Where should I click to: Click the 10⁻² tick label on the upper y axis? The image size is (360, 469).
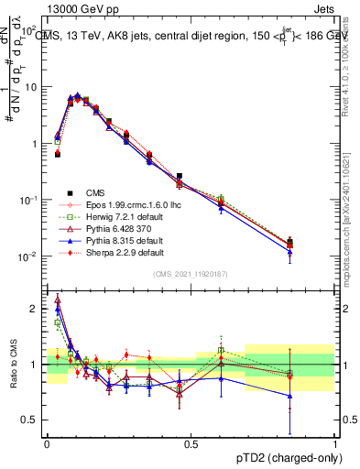click(27, 256)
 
